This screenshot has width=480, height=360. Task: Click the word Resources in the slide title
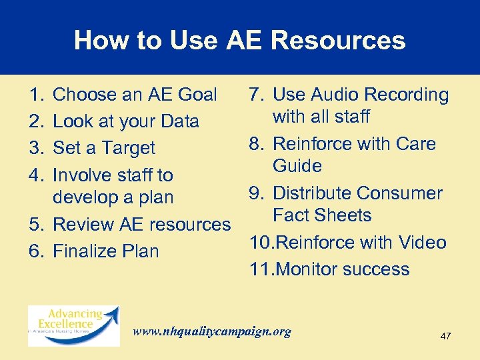(338, 40)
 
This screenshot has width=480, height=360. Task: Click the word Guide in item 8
(297, 166)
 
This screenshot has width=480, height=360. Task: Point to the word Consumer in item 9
(399, 193)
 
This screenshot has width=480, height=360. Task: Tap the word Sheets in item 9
(344, 215)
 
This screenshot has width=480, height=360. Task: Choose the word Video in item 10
(421, 242)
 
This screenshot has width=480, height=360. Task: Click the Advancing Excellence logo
(73, 325)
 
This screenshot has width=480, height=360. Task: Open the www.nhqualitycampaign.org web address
(212, 331)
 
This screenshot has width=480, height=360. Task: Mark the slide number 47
(445, 336)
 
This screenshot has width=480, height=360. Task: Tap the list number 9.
(256, 193)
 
